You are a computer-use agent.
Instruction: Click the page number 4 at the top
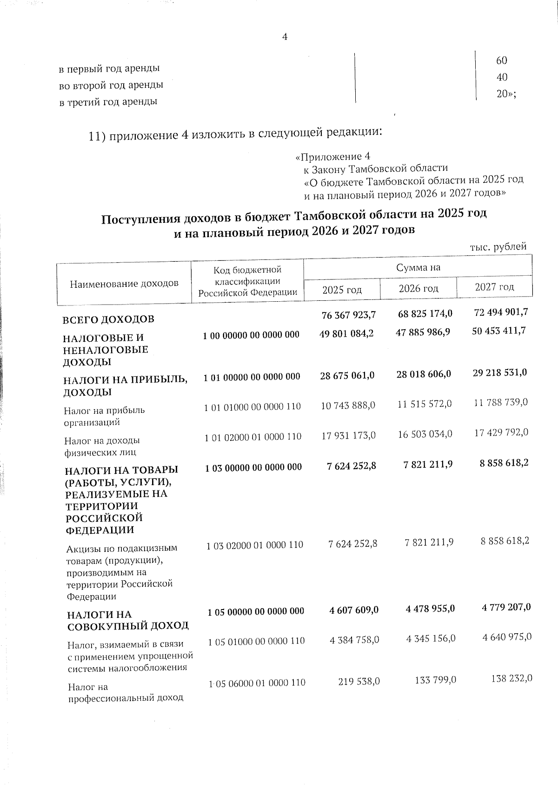click(285, 37)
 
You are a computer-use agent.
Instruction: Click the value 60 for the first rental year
click(501, 60)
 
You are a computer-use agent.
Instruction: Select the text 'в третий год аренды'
click(108, 101)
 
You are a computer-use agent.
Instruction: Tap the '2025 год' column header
click(342, 290)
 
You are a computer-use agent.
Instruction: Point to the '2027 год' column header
click(494, 287)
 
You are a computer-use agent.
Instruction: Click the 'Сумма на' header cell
click(418, 267)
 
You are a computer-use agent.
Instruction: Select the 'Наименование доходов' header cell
click(124, 283)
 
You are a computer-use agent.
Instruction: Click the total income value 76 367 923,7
click(348, 315)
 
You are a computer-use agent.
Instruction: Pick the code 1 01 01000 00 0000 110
click(252, 406)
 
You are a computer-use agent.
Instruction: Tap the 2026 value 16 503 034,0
click(425, 434)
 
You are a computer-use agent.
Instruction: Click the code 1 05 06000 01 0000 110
click(256, 682)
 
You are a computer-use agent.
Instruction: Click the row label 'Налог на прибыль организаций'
click(104, 416)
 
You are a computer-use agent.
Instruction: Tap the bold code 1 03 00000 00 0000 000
click(253, 467)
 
